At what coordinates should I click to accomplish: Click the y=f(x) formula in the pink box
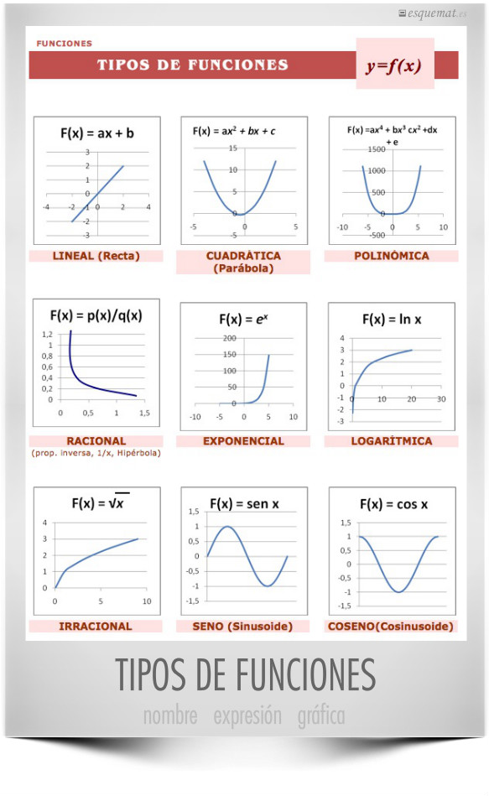tap(393, 65)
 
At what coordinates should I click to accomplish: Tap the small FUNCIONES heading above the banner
tap(64, 44)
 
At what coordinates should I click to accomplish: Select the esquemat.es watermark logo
tap(433, 13)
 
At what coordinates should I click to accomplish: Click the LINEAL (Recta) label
tap(96, 256)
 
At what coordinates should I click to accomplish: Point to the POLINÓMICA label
tap(392, 256)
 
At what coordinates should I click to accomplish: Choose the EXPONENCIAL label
tap(244, 441)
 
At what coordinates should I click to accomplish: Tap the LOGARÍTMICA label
tap(392, 441)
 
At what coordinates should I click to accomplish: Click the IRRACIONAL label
tap(96, 627)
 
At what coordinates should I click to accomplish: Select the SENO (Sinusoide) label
tap(242, 627)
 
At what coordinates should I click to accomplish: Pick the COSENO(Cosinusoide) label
tap(391, 627)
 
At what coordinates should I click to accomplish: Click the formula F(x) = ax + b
tap(97, 133)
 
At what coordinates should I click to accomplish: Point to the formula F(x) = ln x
tap(392, 320)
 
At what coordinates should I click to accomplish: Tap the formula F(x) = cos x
tap(393, 504)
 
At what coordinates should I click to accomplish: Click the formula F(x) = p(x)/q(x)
tap(96, 315)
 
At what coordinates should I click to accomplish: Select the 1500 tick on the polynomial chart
tap(377, 149)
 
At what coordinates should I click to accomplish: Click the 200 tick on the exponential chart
tap(230, 338)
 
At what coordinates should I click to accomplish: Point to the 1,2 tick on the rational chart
tap(47, 334)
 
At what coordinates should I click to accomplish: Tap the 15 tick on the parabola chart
tap(232, 148)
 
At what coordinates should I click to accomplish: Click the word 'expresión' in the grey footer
tap(247, 715)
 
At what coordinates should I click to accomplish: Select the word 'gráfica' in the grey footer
tap(321, 715)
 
